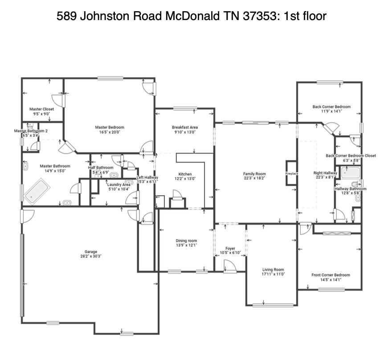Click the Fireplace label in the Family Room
(x=291, y=173)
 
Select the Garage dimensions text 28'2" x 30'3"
(x=88, y=257)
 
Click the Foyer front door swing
(x=229, y=266)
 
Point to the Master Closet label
(x=41, y=109)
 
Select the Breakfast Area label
(x=185, y=127)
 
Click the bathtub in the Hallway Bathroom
(x=351, y=173)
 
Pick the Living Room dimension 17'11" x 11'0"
(x=273, y=274)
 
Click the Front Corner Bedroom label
(x=330, y=275)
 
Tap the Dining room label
(x=186, y=241)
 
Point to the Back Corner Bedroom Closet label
(x=351, y=155)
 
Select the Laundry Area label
(x=118, y=184)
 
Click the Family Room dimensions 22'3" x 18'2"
(x=254, y=179)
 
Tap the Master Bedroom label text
(x=110, y=127)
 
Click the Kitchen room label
(x=185, y=174)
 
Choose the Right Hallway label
(x=325, y=173)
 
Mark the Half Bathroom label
(x=101, y=168)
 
